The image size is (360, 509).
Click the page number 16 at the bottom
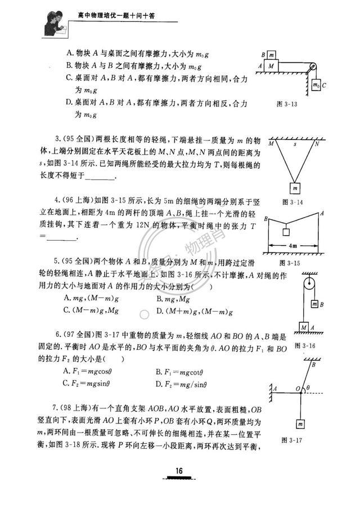coord(179,471)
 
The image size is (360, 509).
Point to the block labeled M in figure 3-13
coord(272,65)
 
